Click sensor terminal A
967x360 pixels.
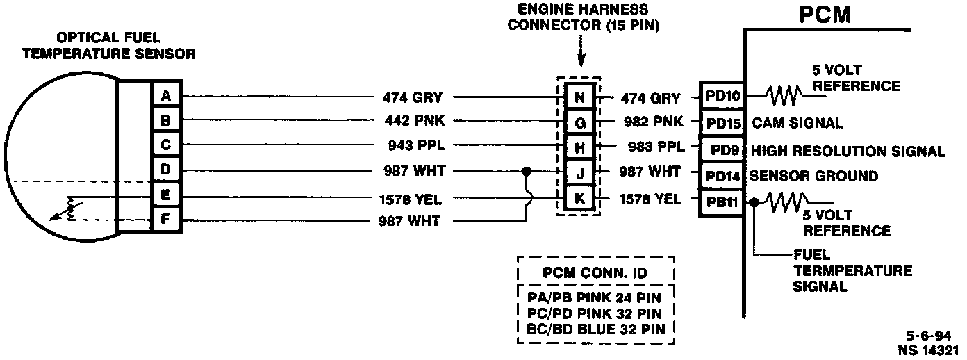[x=165, y=96]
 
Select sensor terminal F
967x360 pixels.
[x=165, y=222]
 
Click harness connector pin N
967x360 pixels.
[x=579, y=97]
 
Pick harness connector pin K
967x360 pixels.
[x=579, y=199]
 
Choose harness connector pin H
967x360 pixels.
[x=579, y=148]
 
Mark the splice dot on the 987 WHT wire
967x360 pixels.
[x=527, y=171]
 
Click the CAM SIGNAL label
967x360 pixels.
[x=797, y=124]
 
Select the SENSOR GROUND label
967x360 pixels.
[x=814, y=175]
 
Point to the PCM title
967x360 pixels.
[x=825, y=15]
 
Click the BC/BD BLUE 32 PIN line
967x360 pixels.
[x=597, y=327]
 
